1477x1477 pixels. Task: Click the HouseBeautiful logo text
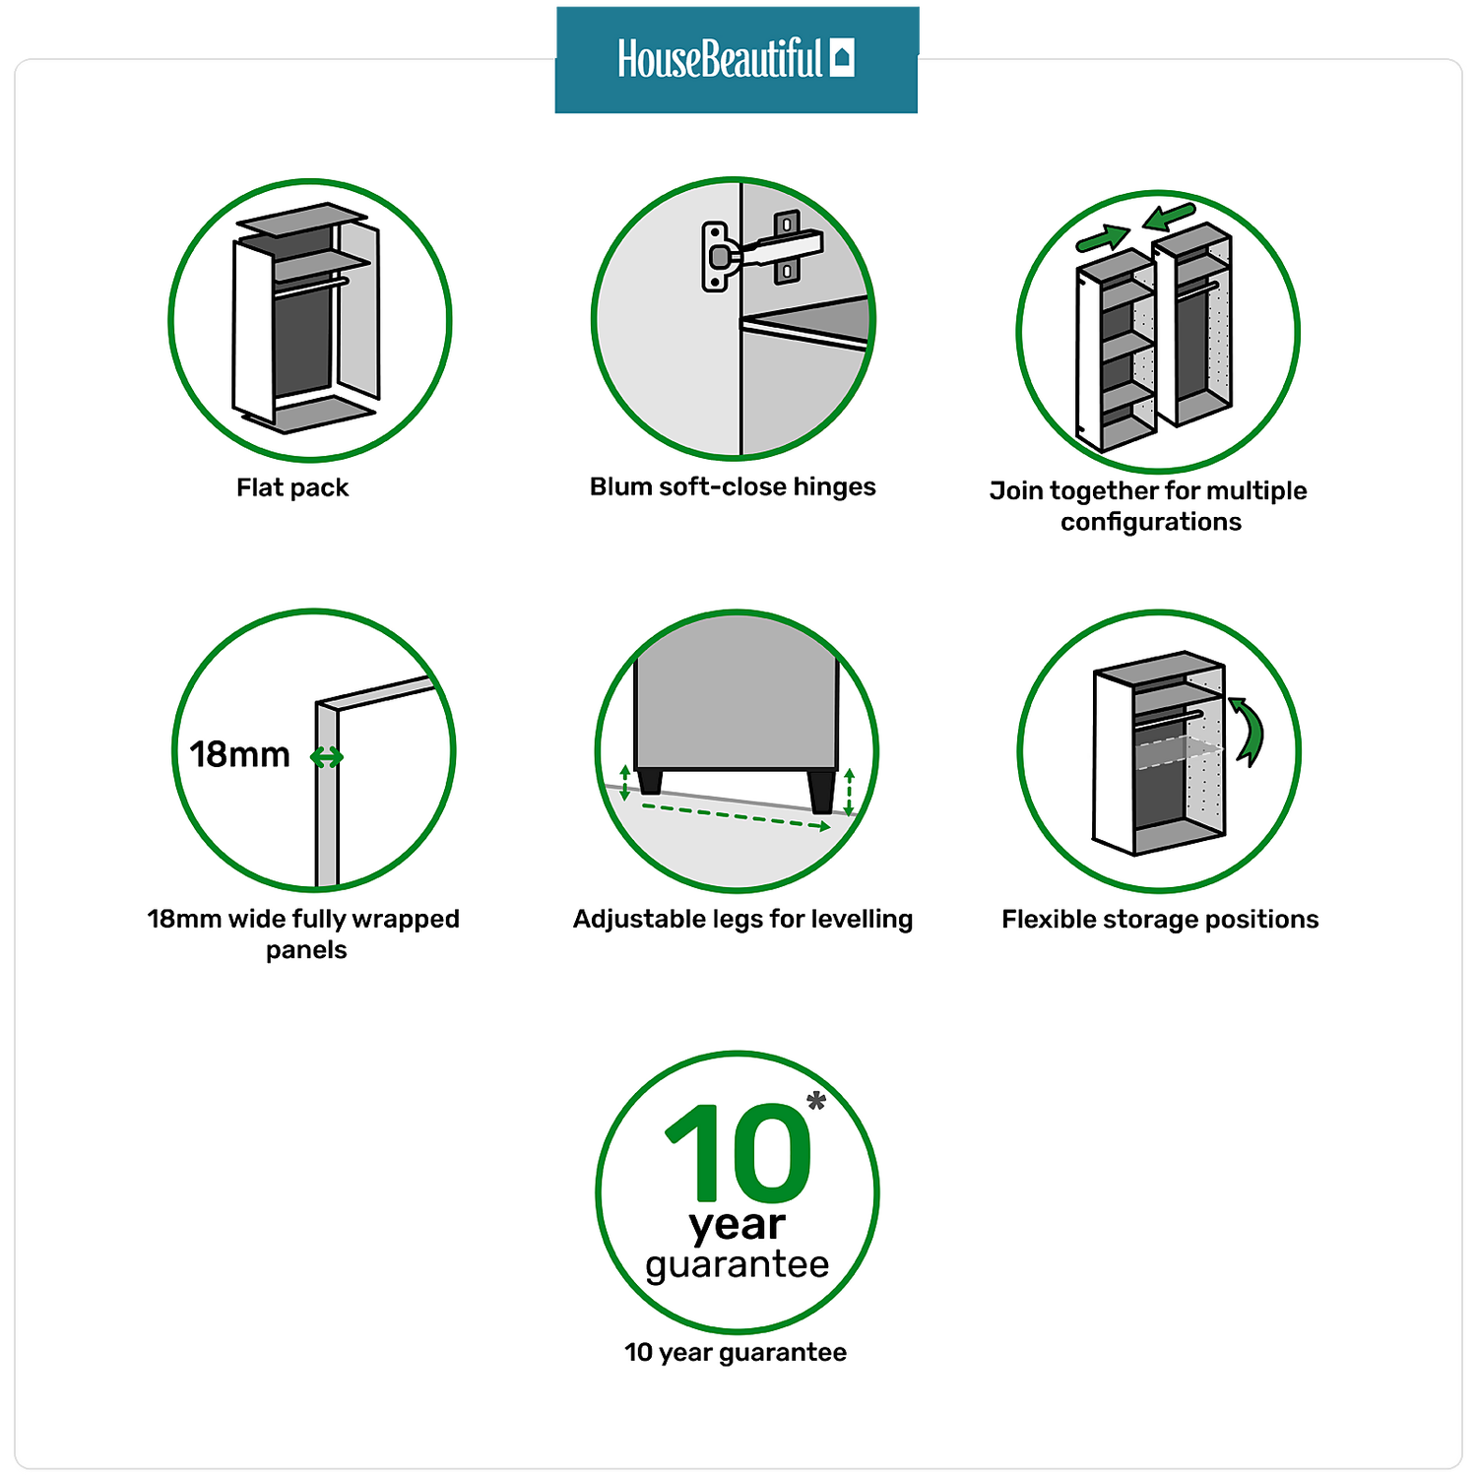pos(719,59)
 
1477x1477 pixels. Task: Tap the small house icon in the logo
pos(842,58)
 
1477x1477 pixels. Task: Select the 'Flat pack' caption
pos(292,487)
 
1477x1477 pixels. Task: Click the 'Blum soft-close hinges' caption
pos(733,486)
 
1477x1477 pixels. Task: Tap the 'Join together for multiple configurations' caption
pos(1149,505)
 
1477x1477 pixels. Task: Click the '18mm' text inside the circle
pos(240,754)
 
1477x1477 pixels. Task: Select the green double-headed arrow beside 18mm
pos(327,756)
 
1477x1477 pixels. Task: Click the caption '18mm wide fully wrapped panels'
pos(303,933)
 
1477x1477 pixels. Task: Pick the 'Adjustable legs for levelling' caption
pos(742,919)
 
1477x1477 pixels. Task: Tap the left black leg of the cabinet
pos(650,781)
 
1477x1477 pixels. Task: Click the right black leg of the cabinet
pos(821,790)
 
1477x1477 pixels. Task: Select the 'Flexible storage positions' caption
pos(1160,919)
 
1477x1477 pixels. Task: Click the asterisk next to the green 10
pos(816,1100)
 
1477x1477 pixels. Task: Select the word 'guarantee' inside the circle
pos(738,1264)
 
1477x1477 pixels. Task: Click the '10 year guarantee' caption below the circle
pos(736,1352)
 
